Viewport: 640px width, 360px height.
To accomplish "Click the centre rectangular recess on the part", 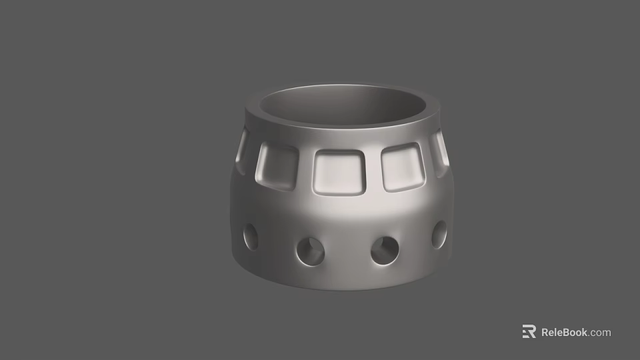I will [x=340, y=171].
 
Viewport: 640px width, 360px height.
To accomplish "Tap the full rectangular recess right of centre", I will [x=402, y=167].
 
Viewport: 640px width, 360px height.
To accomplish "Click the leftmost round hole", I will [x=251, y=237].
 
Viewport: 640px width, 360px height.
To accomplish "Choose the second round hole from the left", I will [x=311, y=251].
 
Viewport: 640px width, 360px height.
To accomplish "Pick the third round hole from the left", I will [x=385, y=250].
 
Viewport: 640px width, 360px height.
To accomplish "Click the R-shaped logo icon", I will [x=529, y=331].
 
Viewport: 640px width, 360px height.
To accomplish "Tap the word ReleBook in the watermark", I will [x=564, y=332].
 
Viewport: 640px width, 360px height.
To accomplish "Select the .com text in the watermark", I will [x=600, y=332].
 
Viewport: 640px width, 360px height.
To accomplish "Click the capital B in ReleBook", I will [x=569, y=332].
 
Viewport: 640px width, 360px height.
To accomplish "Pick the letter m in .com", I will [x=606, y=333].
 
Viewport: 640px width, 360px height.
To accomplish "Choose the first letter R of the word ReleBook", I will [x=545, y=332].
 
